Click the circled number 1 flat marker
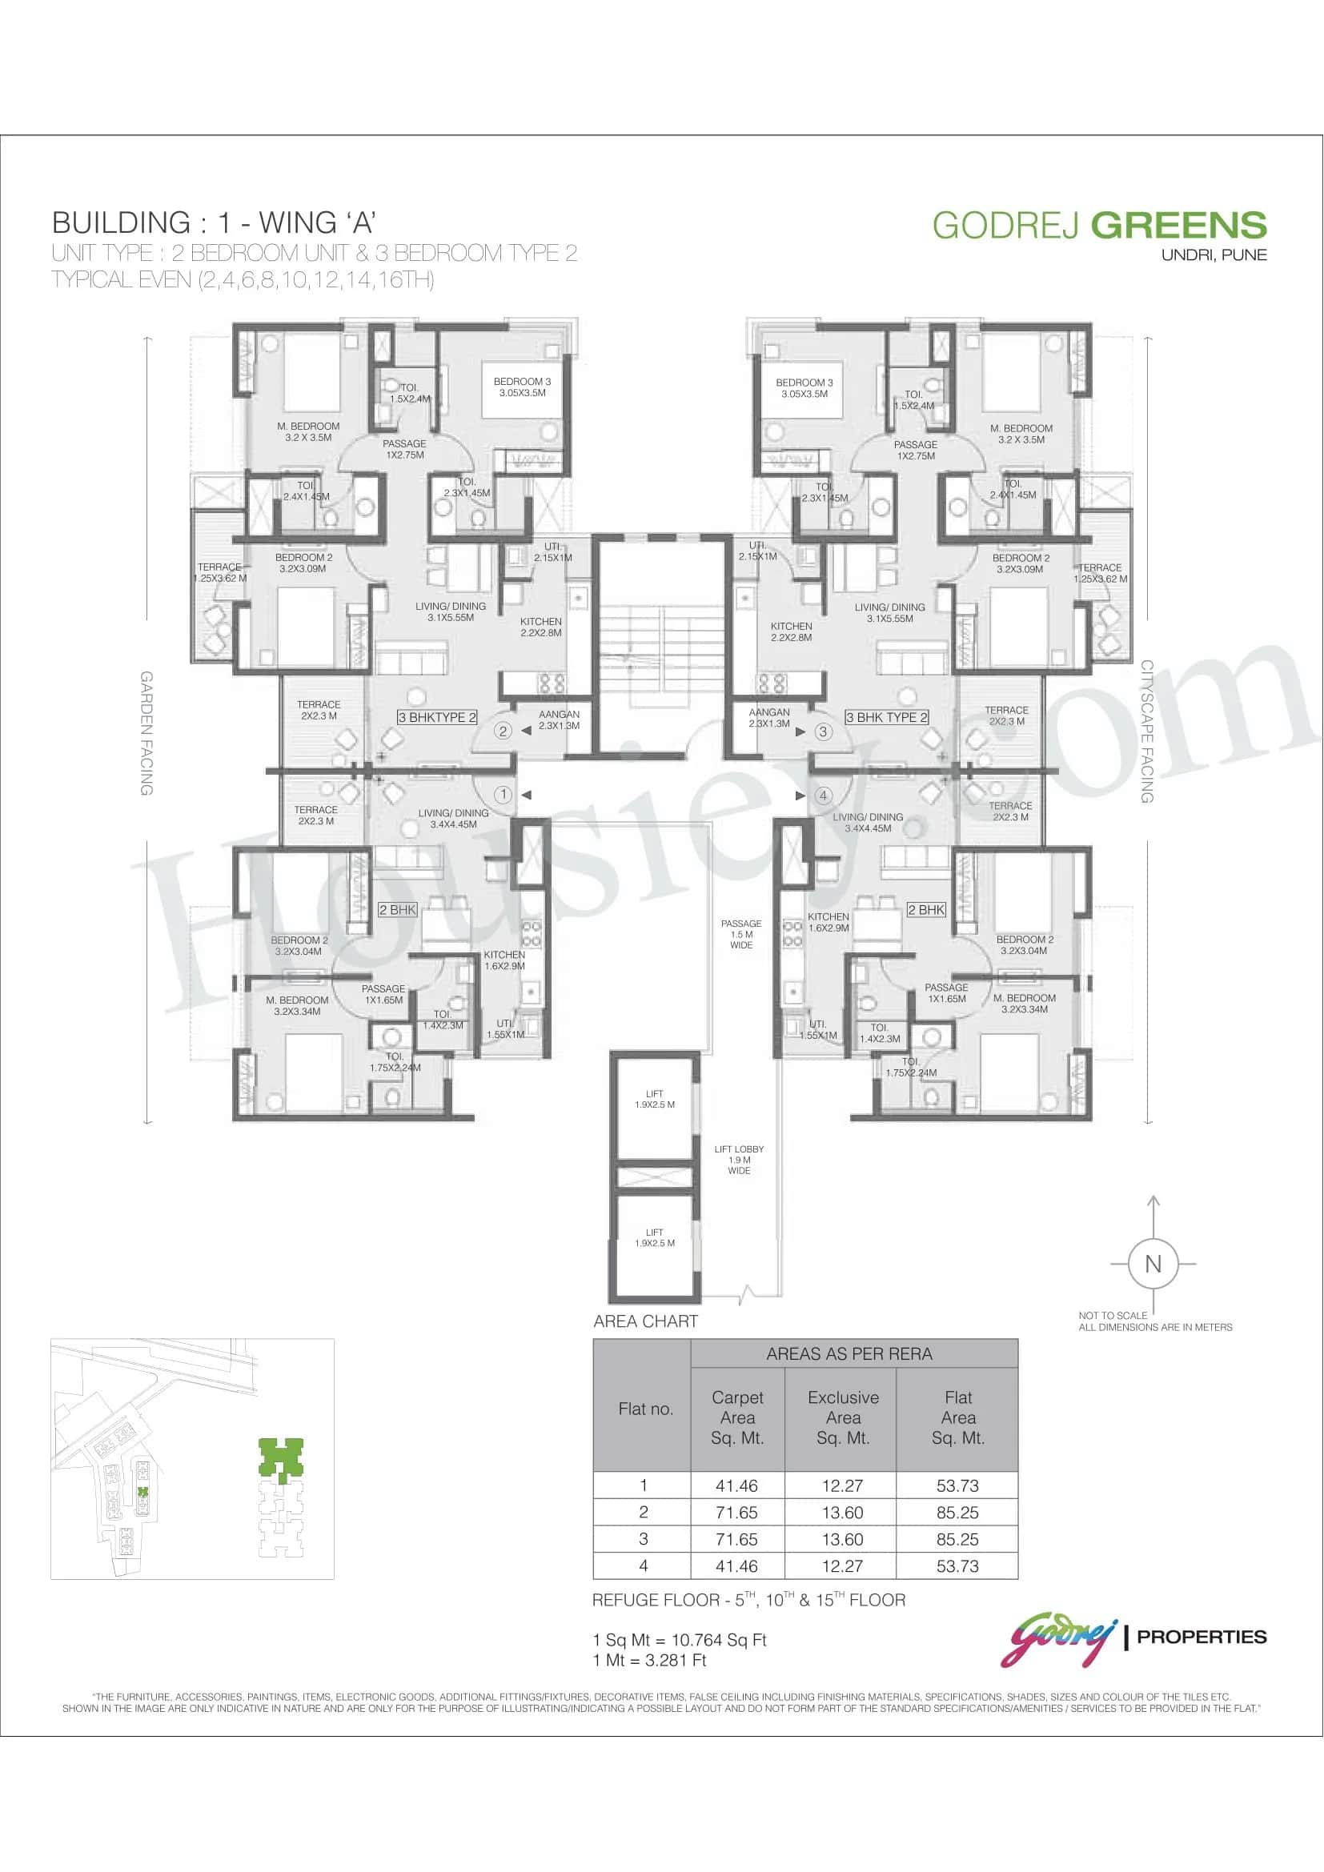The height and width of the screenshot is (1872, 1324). point(503,794)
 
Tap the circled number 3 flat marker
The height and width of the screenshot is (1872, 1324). point(823,732)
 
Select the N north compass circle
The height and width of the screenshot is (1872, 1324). point(1152,1264)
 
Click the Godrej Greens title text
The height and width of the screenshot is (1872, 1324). point(1099,225)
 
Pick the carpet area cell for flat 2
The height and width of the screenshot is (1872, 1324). point(736,1513)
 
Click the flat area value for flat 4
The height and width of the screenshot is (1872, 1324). point(957,1566)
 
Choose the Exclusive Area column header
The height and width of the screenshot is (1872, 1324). point(843,1418)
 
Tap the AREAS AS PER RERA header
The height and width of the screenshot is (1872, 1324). point(849,1353)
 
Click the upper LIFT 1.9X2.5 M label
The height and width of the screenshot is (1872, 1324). point(655,1099)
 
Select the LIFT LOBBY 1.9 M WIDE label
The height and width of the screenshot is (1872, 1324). point(739,1160)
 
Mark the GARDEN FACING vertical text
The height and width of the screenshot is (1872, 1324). point(146,733)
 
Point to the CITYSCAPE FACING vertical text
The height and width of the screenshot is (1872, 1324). point(1146,732)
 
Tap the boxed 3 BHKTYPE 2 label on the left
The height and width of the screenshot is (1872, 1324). point(437,717)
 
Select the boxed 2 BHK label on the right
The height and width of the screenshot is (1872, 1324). point(926,909)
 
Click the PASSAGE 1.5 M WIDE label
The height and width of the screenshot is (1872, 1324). point(741,934)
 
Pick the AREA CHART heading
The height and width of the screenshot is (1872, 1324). point(646,1321)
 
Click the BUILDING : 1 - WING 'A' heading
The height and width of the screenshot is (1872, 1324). point(214,222)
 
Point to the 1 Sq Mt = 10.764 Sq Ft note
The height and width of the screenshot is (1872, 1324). point(679,1640)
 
